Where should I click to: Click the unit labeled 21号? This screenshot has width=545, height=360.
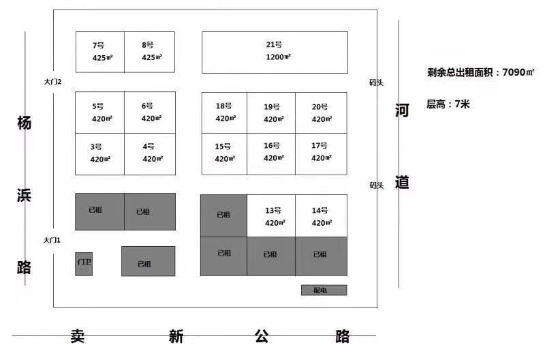pyautogui.click(x=275, y=52)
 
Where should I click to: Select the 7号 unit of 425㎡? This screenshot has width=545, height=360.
pyautogui.click(x=100, y=52)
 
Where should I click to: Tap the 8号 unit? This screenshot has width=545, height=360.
pyautogui.click(x=149, y=52)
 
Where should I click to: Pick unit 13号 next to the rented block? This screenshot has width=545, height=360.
pyautogui.click(x=271, y=216)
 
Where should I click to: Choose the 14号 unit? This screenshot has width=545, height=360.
pyautogui.click(x=321, y=216)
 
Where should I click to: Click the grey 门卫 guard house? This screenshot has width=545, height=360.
pyautogui.click(x=84, y=264)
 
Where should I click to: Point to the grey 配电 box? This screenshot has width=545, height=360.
pyautogui.click(x=324, y=290)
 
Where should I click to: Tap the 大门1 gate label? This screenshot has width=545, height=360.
pyautogui.click(x=52, y=240)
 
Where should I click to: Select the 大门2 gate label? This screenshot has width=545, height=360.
pyautogui.click(x=52, y=82)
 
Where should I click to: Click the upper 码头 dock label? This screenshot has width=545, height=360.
pyautogui.click(x=376, y=82)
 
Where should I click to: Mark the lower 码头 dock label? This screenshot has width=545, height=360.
pyautogui.click(x=377, y=185)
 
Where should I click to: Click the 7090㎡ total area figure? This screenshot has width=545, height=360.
pyautogui.click(x=518, y=72)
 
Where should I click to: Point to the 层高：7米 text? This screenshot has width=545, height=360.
pyautogui.click(x=448, y=104)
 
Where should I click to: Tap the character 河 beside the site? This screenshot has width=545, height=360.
pyautogui.click(x=402, y=110)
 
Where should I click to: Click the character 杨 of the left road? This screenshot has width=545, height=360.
pyautogui.click(x=25, y=123)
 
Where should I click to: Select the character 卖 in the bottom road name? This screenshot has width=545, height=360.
pyautogui.click(x=78, y=336)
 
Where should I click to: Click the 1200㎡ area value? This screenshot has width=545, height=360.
pyautogui.click(x=278, y=57)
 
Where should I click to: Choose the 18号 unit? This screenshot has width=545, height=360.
pyautogui.click(x=225, y=112)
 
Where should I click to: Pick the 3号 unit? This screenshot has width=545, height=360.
pyautogui.click(x=99, y=154)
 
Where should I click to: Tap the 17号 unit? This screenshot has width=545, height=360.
pyautogui.click(x=321, y=154)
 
